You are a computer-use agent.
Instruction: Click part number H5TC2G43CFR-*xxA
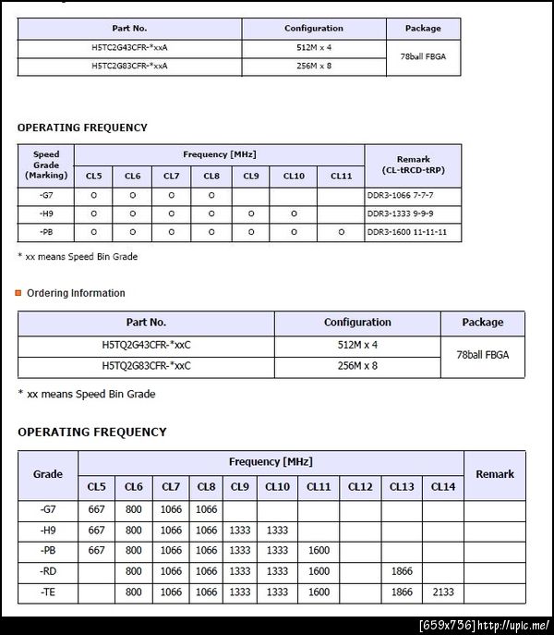point(129,47)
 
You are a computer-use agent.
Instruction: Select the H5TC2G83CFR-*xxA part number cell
point(129,66)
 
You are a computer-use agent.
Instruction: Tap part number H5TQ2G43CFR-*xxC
point(146,344)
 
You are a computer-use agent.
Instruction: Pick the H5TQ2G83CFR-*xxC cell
point(146,365)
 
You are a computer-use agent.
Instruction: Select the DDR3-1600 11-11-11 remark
point(407,232)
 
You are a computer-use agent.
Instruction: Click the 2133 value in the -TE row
point(443,592)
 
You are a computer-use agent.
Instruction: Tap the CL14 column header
point(443,486)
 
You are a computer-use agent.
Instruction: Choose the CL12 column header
point(360,486)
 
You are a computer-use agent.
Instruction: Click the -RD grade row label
point(48,571)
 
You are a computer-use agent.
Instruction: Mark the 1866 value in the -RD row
point(402,571)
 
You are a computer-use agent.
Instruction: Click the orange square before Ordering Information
point(18,293)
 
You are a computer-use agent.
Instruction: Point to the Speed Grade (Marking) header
point(46,165)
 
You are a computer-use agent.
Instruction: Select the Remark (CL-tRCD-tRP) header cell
point(413,165)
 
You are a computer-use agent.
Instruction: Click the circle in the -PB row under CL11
point(341,232)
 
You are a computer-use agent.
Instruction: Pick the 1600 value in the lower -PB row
point(319,550)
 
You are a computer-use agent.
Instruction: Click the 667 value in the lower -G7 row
point(97,509)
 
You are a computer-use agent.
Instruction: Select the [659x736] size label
point(447,625)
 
